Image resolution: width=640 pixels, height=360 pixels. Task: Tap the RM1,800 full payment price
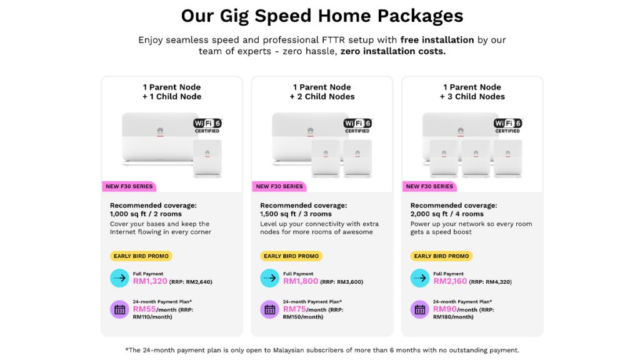(301, 281)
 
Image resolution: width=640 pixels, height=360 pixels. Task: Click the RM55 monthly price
(144, 309)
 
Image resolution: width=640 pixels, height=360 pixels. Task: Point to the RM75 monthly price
(294, 309)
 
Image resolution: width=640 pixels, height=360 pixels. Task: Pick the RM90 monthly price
(444, 309)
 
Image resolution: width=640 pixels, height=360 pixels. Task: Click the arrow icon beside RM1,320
(119, 278)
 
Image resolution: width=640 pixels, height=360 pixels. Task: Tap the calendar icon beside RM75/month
(270, 309)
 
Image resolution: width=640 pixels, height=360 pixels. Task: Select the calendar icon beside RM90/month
(420, 309)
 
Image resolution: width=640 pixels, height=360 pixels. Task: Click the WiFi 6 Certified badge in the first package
(207, 125)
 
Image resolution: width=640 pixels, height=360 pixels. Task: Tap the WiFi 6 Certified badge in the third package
(507, 125)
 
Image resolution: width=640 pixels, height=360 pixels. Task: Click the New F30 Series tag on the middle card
(279, 186)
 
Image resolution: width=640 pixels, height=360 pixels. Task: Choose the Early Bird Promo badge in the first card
(141, 256)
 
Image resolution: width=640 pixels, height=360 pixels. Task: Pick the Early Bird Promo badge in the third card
(441, 256)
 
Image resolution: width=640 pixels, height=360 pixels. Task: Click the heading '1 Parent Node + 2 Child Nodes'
(322, 92)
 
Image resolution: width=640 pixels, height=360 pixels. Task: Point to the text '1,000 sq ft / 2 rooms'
(146, 214)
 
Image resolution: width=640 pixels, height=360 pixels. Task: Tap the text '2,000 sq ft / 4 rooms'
(446, 214)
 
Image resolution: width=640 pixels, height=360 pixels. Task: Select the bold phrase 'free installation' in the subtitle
(437, 40)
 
